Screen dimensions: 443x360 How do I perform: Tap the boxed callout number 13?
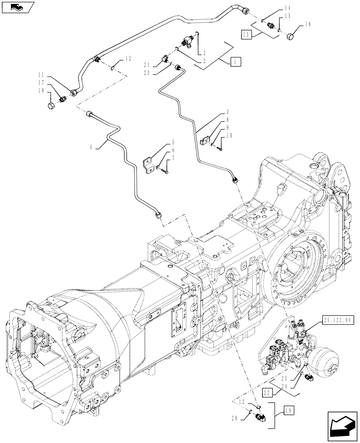pyautogui.click(x=247, y=34)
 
